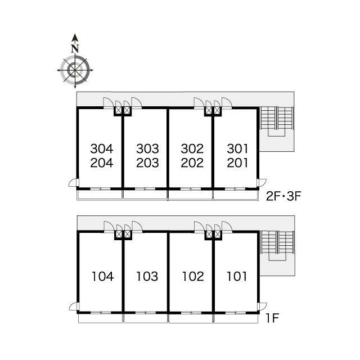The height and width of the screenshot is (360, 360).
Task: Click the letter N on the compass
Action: (x=75, y=48)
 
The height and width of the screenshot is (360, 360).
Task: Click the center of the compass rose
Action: (x=75, y=70)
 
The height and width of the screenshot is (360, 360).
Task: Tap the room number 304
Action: (x=102, y=148)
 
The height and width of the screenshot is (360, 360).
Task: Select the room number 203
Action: (x=147, y=163)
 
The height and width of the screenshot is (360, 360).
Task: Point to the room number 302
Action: (x=192, y=148)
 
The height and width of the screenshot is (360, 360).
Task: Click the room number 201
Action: (x=237, y=163)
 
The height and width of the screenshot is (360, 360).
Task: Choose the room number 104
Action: (x=102, y=276)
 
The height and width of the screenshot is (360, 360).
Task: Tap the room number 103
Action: (x=147, y=276)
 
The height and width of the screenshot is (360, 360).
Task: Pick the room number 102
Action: (x=193, y=276)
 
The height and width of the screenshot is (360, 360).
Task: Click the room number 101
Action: (x=237, y=276)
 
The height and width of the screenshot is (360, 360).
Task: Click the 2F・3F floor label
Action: (x=283, y=196)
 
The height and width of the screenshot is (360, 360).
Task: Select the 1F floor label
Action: (x=272, y=318)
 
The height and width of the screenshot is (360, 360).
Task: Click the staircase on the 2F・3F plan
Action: (x=277, y=121)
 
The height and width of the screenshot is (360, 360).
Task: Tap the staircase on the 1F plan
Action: (x=278, y=245)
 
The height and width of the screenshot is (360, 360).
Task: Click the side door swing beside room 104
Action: (x=74, y=307)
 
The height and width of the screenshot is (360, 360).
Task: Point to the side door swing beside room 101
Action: (x=262, y=307)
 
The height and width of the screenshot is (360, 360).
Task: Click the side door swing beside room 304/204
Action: (x=74, y=182)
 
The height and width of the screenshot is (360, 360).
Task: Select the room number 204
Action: (x=102, y=163)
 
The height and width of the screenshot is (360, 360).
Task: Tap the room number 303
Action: (x=147, y=148)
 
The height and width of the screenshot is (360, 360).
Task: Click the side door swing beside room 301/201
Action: (x=262, y=182)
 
